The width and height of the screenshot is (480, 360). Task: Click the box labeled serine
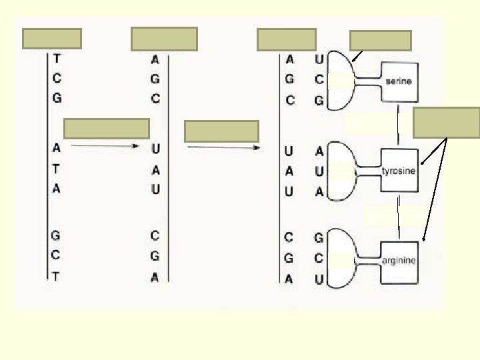pos(399,81)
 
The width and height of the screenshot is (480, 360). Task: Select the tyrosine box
pos(399,171)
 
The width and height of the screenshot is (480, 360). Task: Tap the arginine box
pos(399,260)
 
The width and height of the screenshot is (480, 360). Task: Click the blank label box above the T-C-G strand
pos(52,39)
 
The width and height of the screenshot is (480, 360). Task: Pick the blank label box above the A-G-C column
pos(165,39)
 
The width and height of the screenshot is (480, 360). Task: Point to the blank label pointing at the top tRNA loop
pos(380,41)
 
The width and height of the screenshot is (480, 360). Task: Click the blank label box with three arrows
pos(446,122)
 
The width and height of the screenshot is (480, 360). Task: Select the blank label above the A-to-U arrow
pos(107,128)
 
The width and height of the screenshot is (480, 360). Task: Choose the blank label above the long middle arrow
pos(221,131)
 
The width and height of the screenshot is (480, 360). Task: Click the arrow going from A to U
pos(104,145)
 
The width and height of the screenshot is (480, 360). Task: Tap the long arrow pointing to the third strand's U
pos(223,147)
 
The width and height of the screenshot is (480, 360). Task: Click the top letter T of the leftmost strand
pos(57,59)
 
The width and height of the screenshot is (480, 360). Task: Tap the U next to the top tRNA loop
pos(319,59)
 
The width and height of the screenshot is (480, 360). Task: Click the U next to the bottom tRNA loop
pos(319,280)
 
